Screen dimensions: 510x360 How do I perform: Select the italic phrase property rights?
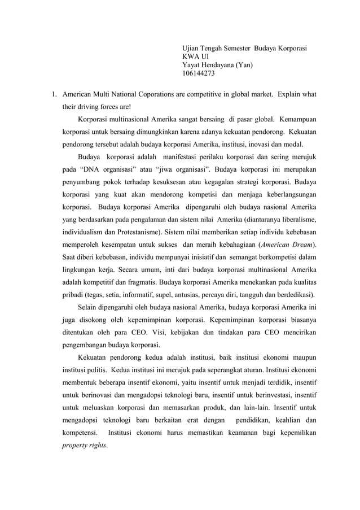point(84,445)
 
